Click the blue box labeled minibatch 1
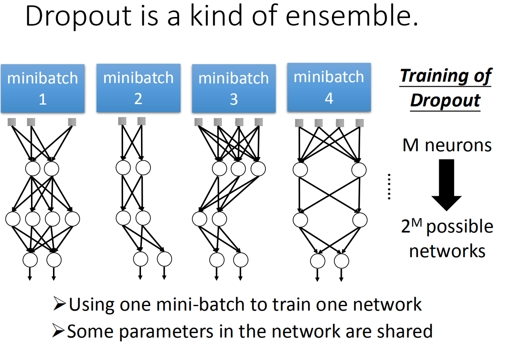(43, 88)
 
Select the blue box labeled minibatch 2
(138, 88)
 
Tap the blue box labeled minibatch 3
(234, 88)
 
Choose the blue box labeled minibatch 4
(329, 87)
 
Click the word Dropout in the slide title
(79, 17)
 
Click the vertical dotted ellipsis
(389, 186)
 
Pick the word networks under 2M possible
(447, 250)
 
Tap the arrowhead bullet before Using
(59, 305)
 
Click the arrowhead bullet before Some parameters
(59, 331)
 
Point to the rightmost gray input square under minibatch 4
(359, 123)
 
